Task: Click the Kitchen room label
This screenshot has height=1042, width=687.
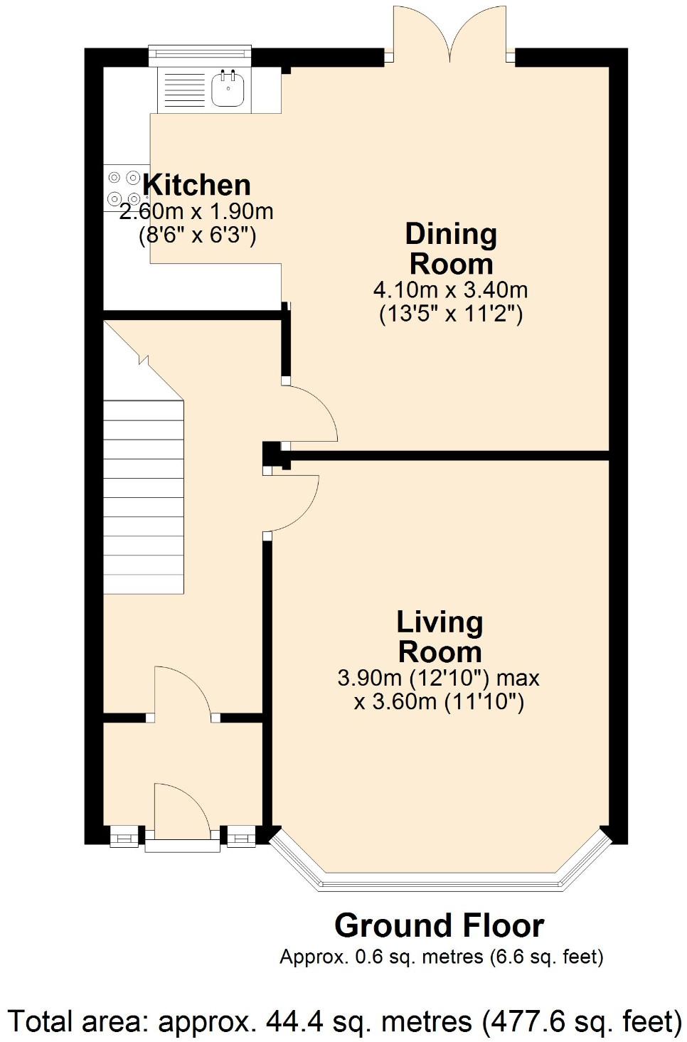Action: pyautogui.click(x=196, y=185)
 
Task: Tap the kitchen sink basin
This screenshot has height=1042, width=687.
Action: pyautogui.click(x=228, y=90)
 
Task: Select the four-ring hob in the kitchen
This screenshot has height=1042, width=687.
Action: pyautogui.click(x=123, y=188)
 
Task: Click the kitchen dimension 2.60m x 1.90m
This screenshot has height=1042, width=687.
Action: pyautogui.click(x=196, y=212)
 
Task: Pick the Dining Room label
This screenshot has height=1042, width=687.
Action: pyautogui.click(x=451, y=249)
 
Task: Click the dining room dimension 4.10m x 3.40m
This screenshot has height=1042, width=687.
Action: pyautogui.click(x=450, y=290)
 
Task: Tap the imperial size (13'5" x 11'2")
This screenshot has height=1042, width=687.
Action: pyautogui.click(x=450, y=314)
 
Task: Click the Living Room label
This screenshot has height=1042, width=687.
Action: pyautogui.click(x=440, y=637)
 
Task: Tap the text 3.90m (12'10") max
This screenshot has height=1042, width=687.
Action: pyautogui.click(x=438, y=678)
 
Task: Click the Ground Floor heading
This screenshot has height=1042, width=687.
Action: pyautogui.click(x=439, y=926)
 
